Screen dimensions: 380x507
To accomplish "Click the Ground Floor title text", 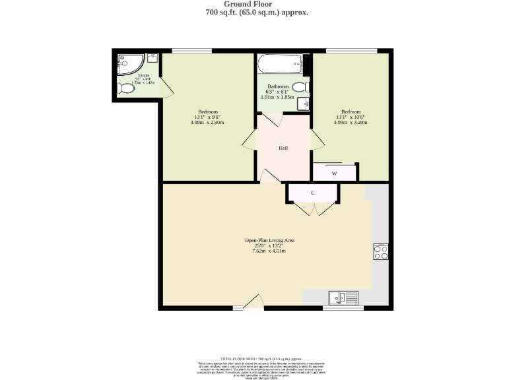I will (253, 4).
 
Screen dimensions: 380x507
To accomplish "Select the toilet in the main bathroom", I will (300, 87).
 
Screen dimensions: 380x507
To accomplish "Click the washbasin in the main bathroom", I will (304, 104).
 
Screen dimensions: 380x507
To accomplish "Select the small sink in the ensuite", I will (152, 58).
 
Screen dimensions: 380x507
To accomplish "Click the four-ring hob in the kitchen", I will (381, 251).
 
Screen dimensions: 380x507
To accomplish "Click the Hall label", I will (283, 148).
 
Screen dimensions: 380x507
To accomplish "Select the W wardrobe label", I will (334, 174).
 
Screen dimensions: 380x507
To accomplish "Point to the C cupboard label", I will (312, 193).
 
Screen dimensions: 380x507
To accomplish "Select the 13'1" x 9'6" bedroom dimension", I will (207, 117).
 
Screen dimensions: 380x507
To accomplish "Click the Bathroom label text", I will (278, 86).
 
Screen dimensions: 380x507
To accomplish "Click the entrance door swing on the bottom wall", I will (254, 303).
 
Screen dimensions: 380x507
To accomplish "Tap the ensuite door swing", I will (165, 86).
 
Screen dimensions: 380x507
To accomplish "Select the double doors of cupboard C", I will (312, 208).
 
